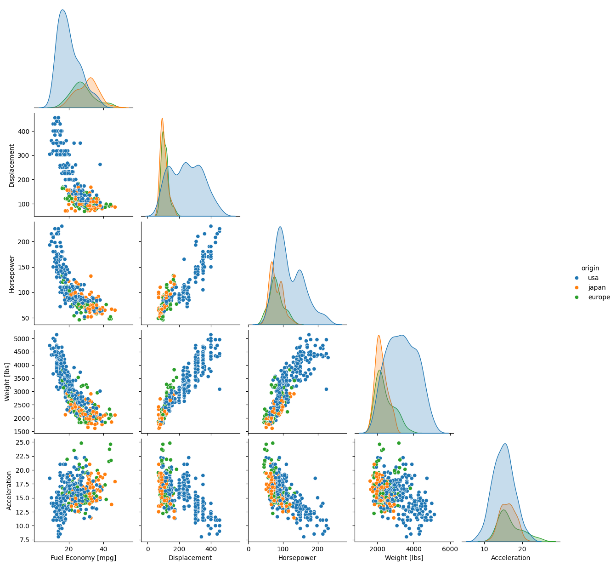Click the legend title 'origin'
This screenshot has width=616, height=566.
coord(590,268)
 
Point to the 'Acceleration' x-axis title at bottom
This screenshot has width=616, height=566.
coord(510,558)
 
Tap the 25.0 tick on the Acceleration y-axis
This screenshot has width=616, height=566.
coord(22,442)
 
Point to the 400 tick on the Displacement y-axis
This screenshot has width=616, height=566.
coord(25,131)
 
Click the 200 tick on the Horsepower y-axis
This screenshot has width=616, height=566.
coord(25,241)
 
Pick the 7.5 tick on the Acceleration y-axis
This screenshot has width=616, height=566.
coord(24,539)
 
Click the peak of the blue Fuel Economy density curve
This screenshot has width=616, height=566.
coord(62,10)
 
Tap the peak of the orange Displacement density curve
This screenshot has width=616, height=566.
coord(162,118)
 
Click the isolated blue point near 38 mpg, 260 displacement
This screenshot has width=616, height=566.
coord(100,164)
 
